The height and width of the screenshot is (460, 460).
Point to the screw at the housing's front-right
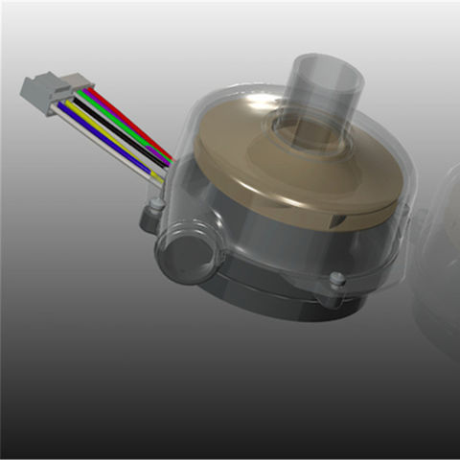(336, 280)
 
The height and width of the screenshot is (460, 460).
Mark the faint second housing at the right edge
(436, 259)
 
